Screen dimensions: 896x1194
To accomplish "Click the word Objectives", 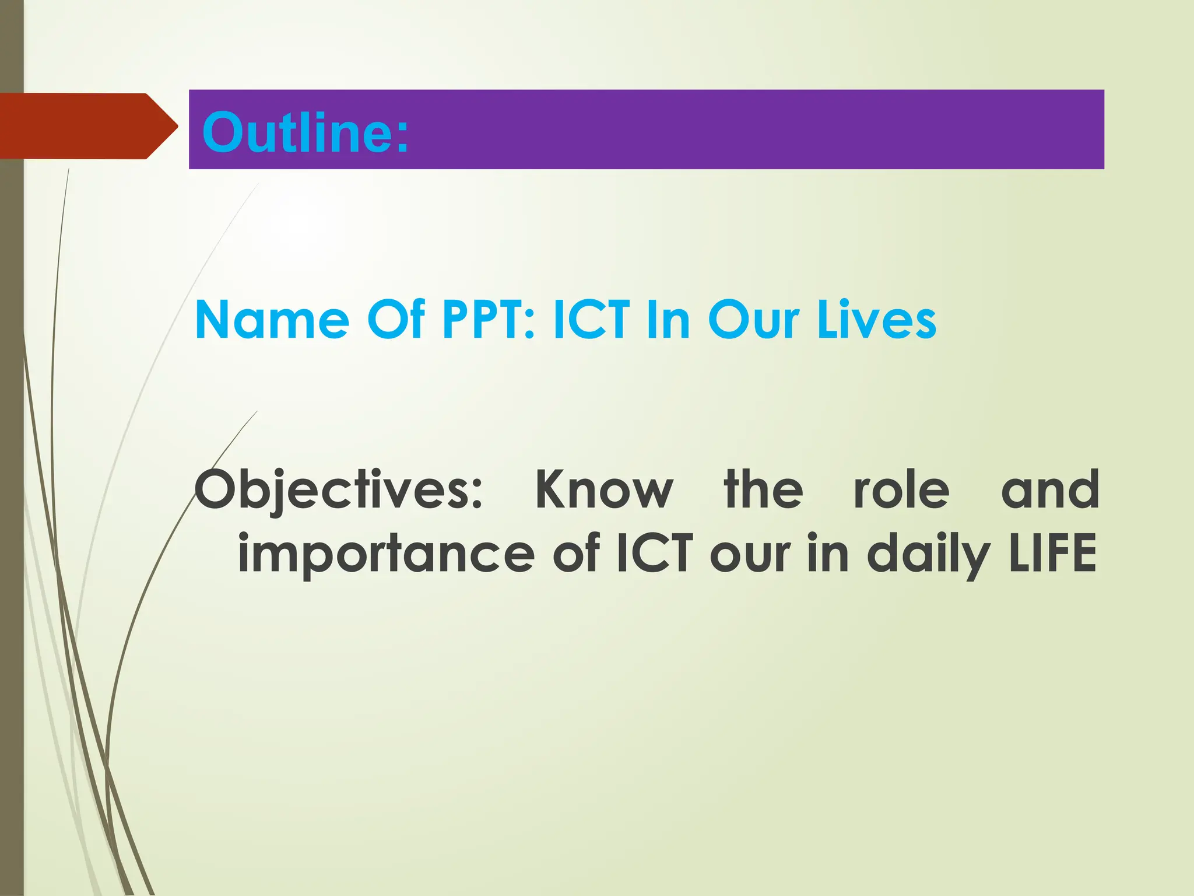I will pyautogui.click(x=338, y=490).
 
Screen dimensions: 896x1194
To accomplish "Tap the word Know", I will pyautogui.click(x=604, y=490).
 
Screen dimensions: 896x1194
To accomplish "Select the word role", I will pyautogui.click(x=901, y=490).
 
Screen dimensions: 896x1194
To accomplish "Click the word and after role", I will pyautogui.click(x=1049, y=490).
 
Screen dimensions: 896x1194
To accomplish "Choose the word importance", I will pyautogui.click(x=386, y=554).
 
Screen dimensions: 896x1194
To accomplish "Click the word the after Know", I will pyautogui.click(x=764, y=490).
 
